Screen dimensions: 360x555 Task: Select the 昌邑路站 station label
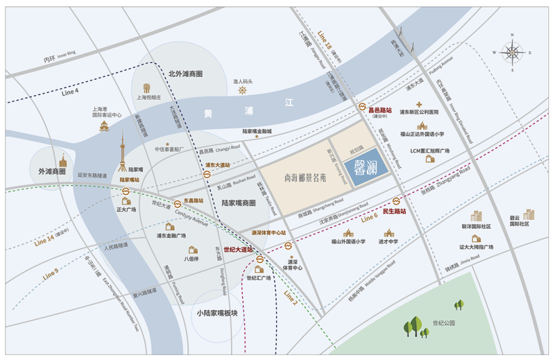tap(379, 110)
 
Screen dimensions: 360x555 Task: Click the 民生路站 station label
tap(393, 212)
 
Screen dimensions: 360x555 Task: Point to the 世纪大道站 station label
tap(238, 250)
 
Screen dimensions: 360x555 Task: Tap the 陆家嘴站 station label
tap(130, 180)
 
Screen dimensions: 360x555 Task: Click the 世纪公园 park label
tap(443, 323)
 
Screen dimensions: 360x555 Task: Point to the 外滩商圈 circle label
tap(52, 171)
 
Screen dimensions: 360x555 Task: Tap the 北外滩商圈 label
tap(185, 74)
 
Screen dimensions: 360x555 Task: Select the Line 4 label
tap(70, 92)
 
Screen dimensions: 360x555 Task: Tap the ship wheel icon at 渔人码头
tap(243, 90)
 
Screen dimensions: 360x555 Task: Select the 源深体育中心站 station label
tap(268, 233)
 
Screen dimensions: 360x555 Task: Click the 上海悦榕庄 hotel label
tap(148, 98)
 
